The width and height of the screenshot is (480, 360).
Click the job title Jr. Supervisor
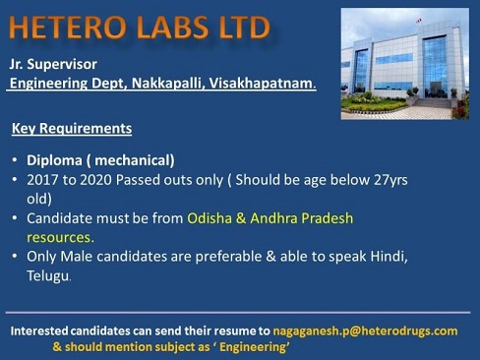pos(53,64)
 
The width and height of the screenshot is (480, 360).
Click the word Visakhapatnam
pos(263,84)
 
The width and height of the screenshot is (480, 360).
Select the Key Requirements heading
pos(72,128)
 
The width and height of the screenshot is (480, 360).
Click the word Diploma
pos(54,160)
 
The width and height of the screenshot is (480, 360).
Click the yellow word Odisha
pos(210,218)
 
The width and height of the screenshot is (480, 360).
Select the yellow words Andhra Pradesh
pos(302,218)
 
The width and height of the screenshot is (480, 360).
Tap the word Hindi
pos(389,257)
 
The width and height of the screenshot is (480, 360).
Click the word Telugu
pos(48,275)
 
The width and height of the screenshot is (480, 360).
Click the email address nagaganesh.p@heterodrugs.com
pos(365,331)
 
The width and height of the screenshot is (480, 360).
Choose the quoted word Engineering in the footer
pos(252,347)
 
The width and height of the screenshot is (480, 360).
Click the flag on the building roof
pos(418,21)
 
